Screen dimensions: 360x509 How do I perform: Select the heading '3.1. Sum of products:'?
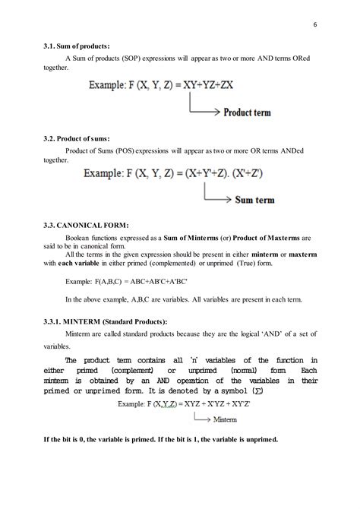pyautogui.click(x=73, y=46)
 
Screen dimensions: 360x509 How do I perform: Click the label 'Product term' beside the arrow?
pyautogui.click(x=254, y=112)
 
